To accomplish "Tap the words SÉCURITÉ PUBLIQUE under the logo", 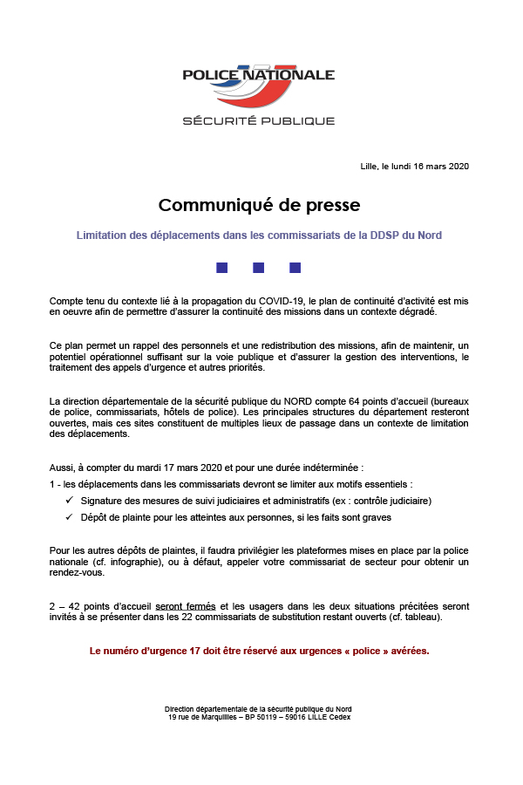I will pos(258,120).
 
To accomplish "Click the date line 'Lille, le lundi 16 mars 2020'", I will pos(414,167).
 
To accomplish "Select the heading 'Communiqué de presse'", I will pos(259,206).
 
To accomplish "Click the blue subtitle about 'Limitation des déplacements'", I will pos(259,235).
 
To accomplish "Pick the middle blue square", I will pos(258,267).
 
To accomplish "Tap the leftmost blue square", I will pos(221,267).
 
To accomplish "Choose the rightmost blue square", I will pos(295,267).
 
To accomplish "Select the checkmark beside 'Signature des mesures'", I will pos(69,501).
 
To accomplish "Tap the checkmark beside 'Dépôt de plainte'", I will pos(69,517).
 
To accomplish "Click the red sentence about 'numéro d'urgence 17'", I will pos(259,651).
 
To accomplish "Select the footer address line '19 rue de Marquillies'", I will pos(259,717).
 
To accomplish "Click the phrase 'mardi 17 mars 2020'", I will pos(153,468).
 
